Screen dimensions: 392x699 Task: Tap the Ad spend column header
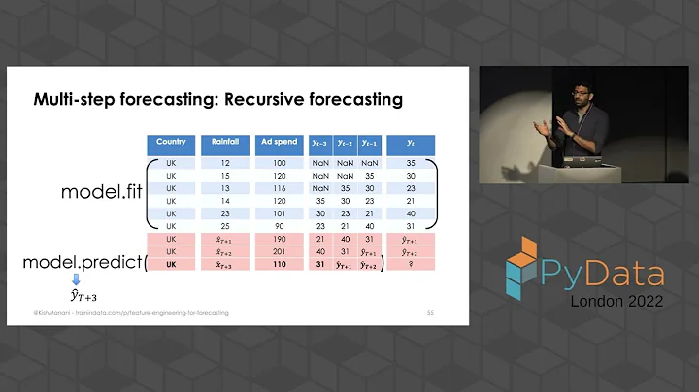280,143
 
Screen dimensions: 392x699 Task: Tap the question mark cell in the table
410,265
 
